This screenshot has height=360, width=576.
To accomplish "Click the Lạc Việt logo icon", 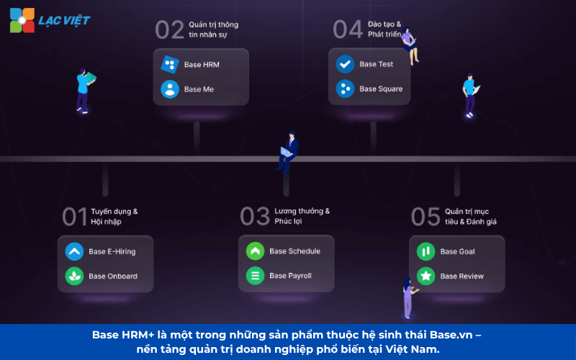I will point(22,19).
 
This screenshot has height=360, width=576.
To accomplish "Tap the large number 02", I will point(170,30).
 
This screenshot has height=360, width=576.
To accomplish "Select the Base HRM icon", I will point(170,65).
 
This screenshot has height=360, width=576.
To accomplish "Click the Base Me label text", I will point(199,89).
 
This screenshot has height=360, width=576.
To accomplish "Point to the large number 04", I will point(347,30).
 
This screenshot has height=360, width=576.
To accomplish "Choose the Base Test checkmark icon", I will point(345,64).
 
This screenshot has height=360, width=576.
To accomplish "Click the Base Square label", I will point(381,89).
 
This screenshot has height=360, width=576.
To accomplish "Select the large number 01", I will point(74,216).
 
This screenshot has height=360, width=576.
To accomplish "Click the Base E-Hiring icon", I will point(74,251).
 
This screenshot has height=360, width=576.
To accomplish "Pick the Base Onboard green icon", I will point(74,276).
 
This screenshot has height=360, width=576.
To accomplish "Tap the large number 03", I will point(255,216).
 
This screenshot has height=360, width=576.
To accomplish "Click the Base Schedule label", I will point(294,251).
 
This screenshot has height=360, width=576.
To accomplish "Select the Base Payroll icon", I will point(255,276).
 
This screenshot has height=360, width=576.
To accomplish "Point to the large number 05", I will point(426,216).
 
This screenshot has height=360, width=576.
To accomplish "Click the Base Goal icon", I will point(426,251).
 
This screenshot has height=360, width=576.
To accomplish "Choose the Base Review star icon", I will point(426,276).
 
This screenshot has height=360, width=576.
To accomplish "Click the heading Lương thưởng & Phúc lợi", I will point(302,216).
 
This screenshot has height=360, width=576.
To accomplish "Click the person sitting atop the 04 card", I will point(410,45).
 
